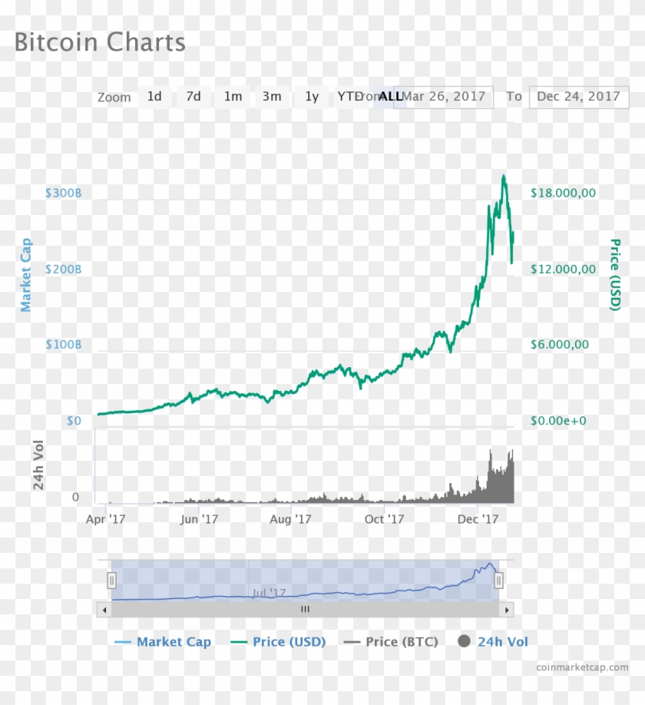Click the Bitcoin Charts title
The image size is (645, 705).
point(100,42)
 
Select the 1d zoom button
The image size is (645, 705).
point(154,97)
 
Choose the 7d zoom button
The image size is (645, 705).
point(193,97)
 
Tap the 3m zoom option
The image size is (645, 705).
point(272,97)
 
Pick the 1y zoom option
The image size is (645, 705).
point(311,97)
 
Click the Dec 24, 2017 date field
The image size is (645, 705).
point(578,97)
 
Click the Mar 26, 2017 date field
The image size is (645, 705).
point(445,97)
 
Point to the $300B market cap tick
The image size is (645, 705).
point(63,193)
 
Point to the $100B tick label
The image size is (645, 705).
point(63,345)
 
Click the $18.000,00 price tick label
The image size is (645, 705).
point(563,193)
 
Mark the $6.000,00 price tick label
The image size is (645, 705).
point(560,345)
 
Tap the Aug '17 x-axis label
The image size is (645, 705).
point(291,519)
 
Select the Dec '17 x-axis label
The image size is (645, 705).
point(478,519)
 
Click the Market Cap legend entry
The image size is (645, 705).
point(163,642)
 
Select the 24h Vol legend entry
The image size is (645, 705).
point(493,642)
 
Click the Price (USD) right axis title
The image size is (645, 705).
point(614,275)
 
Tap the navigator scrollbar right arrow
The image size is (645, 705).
point(506,609)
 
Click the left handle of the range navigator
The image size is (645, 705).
point(111,581)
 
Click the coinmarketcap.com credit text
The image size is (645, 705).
point(582,667)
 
